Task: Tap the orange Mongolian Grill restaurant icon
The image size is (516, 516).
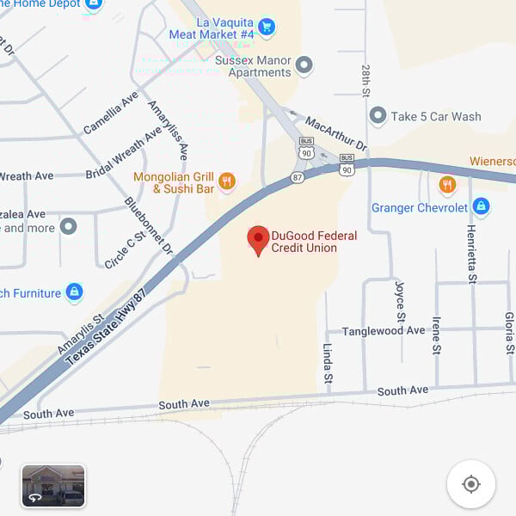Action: [x=227, y=181]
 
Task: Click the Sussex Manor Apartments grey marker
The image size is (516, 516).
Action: [x=304, y=64]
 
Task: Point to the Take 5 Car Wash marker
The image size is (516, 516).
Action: [x=378, y=116]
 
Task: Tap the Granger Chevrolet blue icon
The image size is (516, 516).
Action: [x=481, y=207]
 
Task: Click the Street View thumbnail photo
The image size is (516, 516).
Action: [x=53, y=486]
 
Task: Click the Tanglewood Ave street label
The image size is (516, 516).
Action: [x=384, y=331]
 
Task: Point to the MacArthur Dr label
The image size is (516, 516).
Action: [x=335, y=134]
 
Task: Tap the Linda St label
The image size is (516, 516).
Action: [x=328, y=362]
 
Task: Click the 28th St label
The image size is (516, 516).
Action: [x=365, y=79]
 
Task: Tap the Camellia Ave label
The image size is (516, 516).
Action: [x=111, y=113]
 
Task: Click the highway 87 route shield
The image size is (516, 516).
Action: [x=298, y=176]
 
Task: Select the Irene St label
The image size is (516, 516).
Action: [x=437, y=335]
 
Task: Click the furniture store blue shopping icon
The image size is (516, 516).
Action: [x=75, y=293]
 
